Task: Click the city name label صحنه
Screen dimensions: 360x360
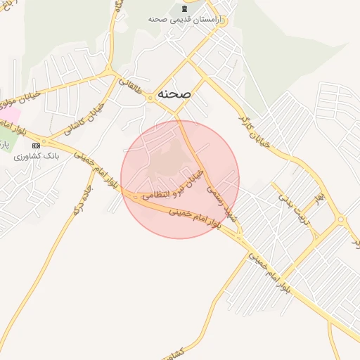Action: (174, 93)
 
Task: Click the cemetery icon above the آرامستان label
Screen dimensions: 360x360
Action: (184, 8)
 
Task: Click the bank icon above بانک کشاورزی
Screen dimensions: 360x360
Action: (37, 145)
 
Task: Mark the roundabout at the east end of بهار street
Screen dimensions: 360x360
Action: (341, 219)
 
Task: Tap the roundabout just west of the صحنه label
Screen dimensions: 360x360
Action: (150, 98)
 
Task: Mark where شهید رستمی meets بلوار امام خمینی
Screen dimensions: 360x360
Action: (238, 235)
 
